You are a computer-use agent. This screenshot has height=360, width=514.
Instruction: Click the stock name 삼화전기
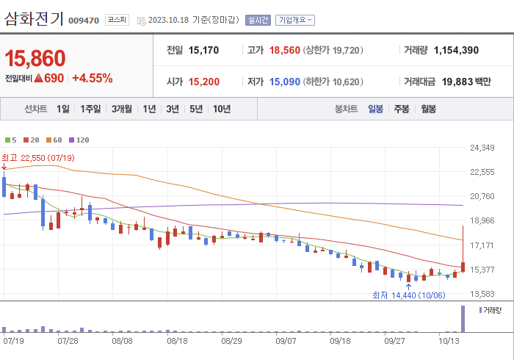pyautogui.click(x=34, y=19)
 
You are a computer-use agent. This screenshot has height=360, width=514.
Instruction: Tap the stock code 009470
pyautogui.click(x=84, y=21)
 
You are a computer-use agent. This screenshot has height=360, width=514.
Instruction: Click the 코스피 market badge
pyautogui.click(x=117, y=20)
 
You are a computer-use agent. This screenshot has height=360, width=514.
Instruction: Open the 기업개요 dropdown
pyautogui.click(x=295, y=21)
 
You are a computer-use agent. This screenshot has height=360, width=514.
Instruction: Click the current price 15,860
pyautogui.click(x=35, y=58)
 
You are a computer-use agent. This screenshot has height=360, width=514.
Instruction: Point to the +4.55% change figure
pyautogui.click(x=92, y=78)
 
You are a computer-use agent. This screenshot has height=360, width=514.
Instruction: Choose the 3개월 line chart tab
pyautogui.click(x=122, y=109)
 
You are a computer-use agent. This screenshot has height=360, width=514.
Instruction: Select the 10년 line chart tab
pyautogui.click(x=221, y=109)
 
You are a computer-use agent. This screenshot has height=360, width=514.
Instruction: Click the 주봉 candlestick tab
pyautogui.click(x=401, y=109)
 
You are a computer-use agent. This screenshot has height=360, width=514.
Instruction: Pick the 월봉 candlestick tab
pyautogui.click(x=428, y=109)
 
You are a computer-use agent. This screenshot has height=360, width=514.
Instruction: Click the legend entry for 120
pyautogui.click(x=79, y=140)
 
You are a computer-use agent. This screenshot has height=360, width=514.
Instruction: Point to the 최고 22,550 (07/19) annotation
pyautogui.click(x=38, y=158)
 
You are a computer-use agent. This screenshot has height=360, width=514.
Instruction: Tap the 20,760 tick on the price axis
pyautogui.click(x=482, y=196)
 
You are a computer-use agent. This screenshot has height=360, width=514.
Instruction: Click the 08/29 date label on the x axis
pyautogui.click(x=231, y=341)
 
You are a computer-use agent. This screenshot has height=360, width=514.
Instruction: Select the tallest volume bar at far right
pyautogui.click(x=463, y=319)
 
